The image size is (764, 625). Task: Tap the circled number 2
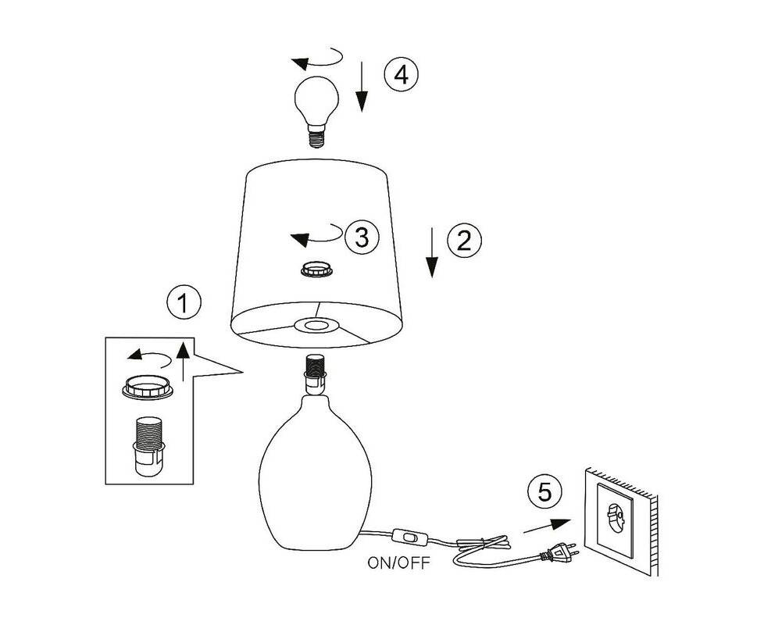463,240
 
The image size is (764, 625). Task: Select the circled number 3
361,237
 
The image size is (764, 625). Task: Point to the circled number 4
401,75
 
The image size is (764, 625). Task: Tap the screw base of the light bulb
316,137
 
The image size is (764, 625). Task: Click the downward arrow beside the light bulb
362,87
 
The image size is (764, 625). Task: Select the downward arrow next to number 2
433,252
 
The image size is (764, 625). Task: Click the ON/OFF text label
398,563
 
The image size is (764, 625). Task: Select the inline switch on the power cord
410,537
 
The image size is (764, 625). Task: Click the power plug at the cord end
560,554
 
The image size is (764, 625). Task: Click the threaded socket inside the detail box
148,445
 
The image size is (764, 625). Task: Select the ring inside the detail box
148,386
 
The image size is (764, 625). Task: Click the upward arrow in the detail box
184,359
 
